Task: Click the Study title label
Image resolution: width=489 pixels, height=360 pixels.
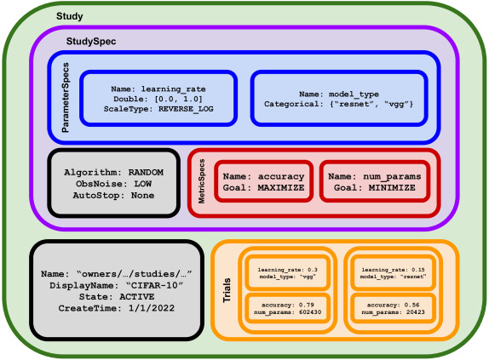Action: tap(70, 16)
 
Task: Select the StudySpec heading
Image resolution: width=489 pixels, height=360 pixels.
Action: tap(91, 41)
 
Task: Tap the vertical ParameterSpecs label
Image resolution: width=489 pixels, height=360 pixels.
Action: tap(66, 98)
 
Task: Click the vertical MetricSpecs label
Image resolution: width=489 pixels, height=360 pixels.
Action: tap(202, 181)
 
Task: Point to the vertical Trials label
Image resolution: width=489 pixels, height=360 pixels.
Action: tap(227, 290)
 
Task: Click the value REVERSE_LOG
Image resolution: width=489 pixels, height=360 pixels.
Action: tap(186, 109)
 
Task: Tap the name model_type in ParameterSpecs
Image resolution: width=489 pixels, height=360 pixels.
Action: tap(354, 94)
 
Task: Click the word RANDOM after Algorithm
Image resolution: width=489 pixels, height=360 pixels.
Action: tap(146, 173)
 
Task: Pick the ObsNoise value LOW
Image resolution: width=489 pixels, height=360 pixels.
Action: tap(143, 184)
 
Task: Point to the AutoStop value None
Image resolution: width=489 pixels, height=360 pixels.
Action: tap(142, 196)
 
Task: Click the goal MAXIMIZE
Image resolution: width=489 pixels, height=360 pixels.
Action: tap(281, 188)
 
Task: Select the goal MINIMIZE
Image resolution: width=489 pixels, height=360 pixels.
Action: tap(392, 188)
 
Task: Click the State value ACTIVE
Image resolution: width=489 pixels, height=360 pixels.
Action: tap(137, 297)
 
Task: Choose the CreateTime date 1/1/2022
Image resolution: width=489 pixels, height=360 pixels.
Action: tap(152, 308)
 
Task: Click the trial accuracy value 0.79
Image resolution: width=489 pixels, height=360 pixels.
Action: tap(307, 305)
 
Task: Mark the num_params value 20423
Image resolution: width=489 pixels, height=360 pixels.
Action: tap(416, 311)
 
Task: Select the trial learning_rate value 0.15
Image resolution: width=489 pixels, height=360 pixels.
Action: tap(418, 270)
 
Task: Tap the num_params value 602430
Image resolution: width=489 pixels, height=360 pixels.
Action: tap(310, 311)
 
